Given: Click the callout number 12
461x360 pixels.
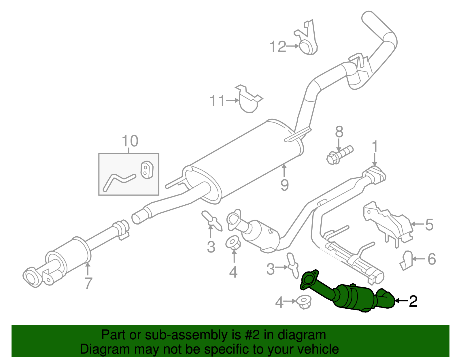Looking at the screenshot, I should (x=278, y=46).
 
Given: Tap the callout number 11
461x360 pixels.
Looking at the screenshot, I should (x=217, y=101).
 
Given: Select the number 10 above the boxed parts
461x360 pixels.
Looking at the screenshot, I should (x=130, y=141).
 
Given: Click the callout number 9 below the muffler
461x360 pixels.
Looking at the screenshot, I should (x=284, y=185).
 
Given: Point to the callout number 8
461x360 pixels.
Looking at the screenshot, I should (x=339, y=132).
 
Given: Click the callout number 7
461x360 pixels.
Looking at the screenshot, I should (x=88, y=283).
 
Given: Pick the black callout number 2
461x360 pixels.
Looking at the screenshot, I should (x=413, y=301).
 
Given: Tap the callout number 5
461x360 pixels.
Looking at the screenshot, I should (x=429, y=225).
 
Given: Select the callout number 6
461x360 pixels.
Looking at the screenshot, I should (x=431, y=259).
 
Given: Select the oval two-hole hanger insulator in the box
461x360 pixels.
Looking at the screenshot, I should (x=147, y=170).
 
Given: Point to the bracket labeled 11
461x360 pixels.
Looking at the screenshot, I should (x=248, y=99).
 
